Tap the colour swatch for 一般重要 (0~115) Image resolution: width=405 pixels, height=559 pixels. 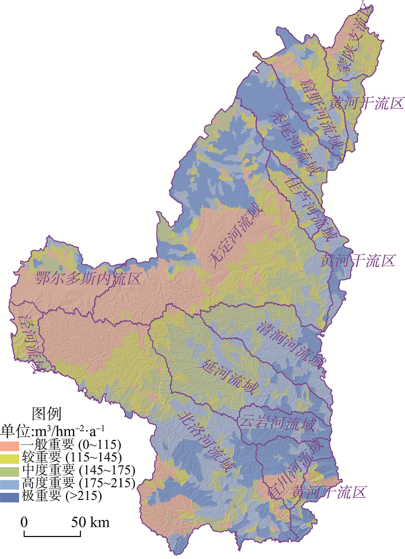click(x=10, y=446)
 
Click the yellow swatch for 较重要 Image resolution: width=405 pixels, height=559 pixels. click(x=10, y=458)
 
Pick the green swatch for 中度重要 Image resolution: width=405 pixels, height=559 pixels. click(x=10, y=471)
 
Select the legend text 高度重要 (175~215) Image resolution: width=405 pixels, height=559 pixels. click(x=78, y=483)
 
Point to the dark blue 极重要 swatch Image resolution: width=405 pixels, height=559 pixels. click(x=10, y=495)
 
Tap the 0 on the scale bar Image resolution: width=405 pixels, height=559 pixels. click(x=24, y=522)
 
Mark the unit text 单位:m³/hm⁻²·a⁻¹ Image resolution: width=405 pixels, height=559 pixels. click(x=53, y=430)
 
